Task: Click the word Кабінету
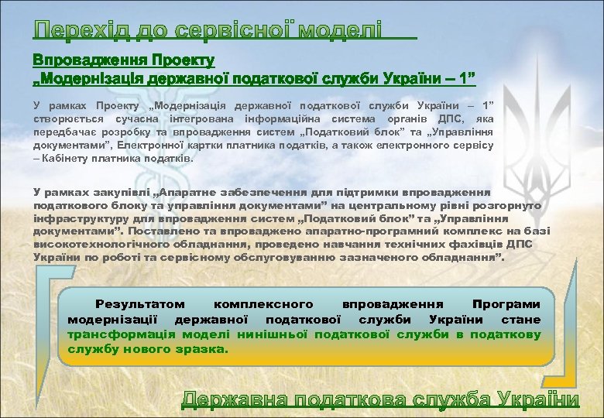(x=64, y=159)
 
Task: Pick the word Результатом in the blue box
(x=139, y=305)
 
